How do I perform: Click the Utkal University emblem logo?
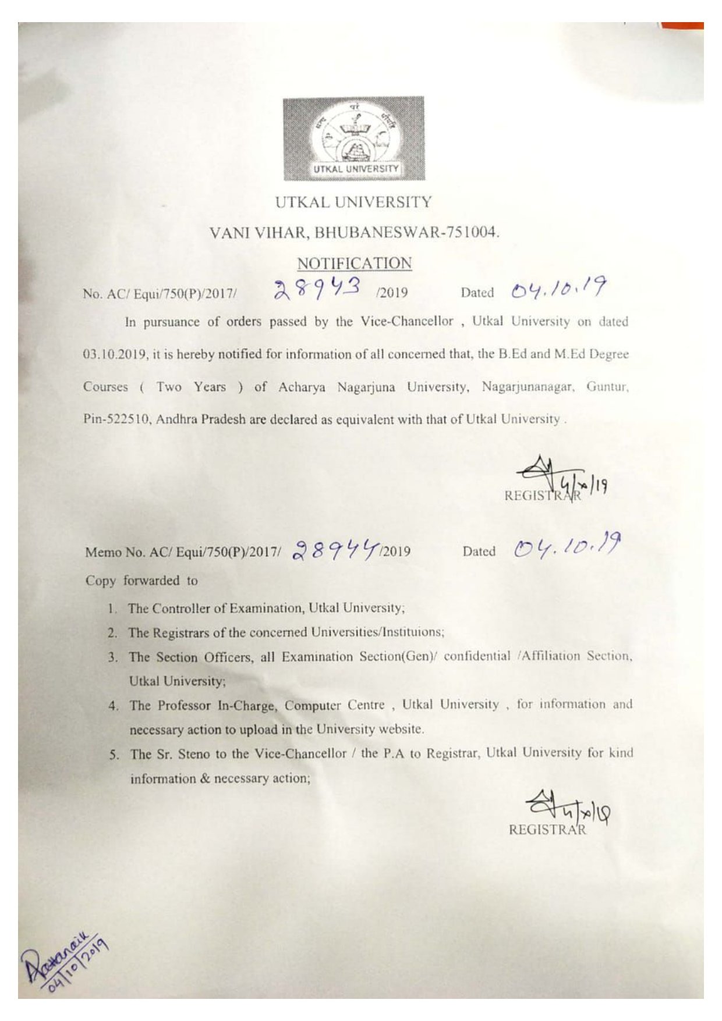tap(353, 138)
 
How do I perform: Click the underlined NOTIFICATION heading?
tap(354, 264)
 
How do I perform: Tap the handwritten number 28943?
tap(318, 289)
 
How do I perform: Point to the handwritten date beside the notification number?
tap(558, 287)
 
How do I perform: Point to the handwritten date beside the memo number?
tap(567, 546)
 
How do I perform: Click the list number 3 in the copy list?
tap(112, 657)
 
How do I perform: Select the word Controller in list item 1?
tap(181, 609)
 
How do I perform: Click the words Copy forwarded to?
tap(141, 581)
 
